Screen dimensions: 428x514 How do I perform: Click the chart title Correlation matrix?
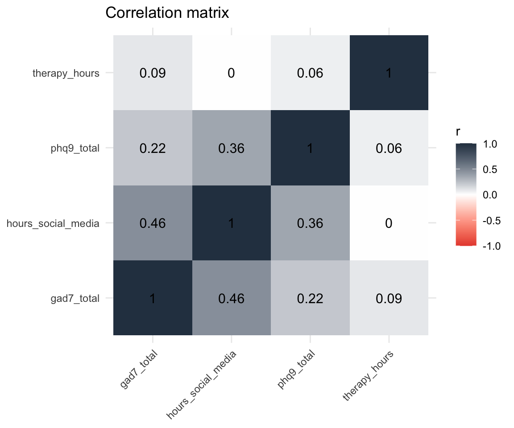click(x=167, y=13)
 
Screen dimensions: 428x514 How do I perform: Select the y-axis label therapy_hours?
click(x=66, y=73)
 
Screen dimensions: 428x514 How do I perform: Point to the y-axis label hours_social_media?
click(x=53, y=223)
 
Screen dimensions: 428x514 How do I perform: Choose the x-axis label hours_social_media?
click(x=202, y=384)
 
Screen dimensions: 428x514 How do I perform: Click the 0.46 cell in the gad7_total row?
click(x=231, y=298)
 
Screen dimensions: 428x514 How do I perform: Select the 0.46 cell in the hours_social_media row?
click(x=153, y=223)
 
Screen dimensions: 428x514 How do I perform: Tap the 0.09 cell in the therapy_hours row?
click(x=153, y=73)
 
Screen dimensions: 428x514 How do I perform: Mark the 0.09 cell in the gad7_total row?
click(x=389, y=298)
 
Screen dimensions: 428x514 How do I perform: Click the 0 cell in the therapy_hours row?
click(x=231, y=73)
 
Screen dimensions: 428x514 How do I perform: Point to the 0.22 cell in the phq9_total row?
click(x=153, y=148)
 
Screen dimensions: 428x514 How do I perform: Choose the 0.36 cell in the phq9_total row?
click(x=231, y=148)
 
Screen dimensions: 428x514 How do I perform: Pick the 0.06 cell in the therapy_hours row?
click(x=310, y=73)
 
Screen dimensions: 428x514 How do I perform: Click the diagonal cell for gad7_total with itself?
click(x=153, y=298)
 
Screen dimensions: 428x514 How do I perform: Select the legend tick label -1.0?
click(x=491, y=246)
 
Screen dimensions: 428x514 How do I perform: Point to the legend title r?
click(x=458, y=132)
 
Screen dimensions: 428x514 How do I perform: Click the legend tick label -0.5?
click(x=491, y=221)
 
